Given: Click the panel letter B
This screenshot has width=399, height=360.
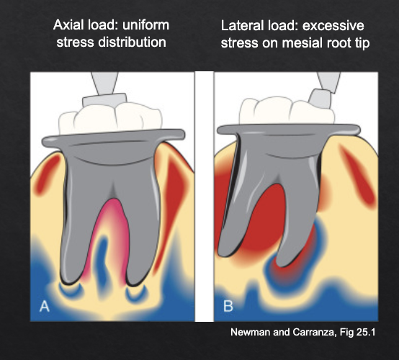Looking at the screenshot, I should [228, 307].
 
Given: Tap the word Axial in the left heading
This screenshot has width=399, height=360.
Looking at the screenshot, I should [70, 25].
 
